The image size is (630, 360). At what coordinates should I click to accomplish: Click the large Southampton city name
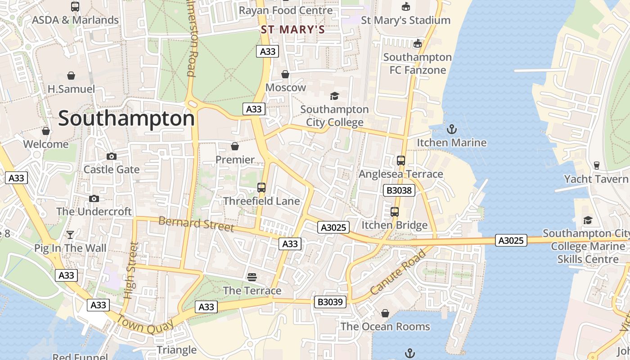[x=126, y=119]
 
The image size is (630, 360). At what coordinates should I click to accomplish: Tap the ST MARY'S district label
[x=293, y=30]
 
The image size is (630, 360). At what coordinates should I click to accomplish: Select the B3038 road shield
[x=399, y=190]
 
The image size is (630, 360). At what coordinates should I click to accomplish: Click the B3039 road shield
[x=330, y=302]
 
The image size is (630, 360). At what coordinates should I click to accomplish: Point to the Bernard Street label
[x=196, y=224]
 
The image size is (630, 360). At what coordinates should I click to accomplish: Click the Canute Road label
[x=398, y=273]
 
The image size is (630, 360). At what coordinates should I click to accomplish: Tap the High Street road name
[x=130, y=271]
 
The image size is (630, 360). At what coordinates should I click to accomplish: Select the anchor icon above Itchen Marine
[x=451, y=130]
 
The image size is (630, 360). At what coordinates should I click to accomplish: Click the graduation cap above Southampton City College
[x=334, y=96]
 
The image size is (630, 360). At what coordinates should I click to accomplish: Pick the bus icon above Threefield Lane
[x=261, y=188]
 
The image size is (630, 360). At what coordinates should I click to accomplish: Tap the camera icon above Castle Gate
[x=111, y=156]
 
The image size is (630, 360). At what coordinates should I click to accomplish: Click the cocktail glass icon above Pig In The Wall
[x=70, y=234]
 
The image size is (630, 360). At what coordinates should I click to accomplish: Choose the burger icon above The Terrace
[x=252, y=277]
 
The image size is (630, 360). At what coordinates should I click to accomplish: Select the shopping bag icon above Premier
[x=234, y=146]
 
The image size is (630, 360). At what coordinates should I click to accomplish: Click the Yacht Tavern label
[x=596, y=179]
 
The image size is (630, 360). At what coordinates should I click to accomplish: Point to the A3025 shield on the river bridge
[x=511, y=240]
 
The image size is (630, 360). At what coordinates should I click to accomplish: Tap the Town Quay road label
[x=145, y=324]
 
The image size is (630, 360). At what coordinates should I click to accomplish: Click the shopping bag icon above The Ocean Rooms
[x=385, y=313]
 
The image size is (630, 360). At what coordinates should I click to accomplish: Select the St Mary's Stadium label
[x=405, y=20]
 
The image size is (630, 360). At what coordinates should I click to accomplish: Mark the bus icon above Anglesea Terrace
[x=400, y=160]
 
